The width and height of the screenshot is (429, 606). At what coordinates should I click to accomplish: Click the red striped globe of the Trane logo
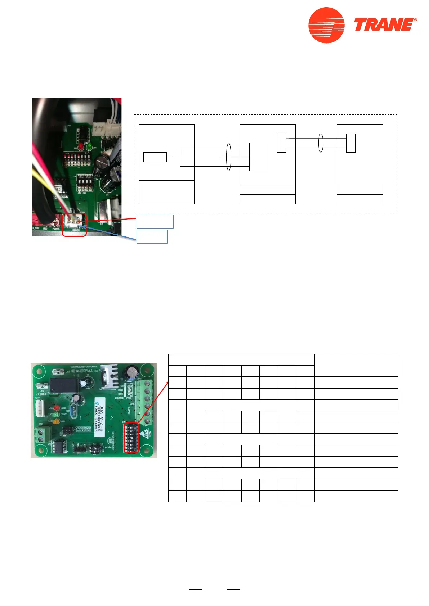point(326,25)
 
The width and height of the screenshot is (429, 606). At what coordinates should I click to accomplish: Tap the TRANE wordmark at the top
point(384,25)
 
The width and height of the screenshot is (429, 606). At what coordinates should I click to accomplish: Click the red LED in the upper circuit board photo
point(81,147)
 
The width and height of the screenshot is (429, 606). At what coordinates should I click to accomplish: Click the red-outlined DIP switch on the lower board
point(131,438)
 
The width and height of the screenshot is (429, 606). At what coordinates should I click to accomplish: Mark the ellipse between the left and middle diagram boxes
point(228,157)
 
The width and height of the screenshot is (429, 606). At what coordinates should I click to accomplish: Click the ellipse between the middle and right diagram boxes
point(321,143)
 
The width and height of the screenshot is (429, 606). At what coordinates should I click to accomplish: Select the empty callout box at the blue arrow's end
point(152,237)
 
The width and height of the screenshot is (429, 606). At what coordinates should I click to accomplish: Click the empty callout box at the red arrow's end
point(155,222)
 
